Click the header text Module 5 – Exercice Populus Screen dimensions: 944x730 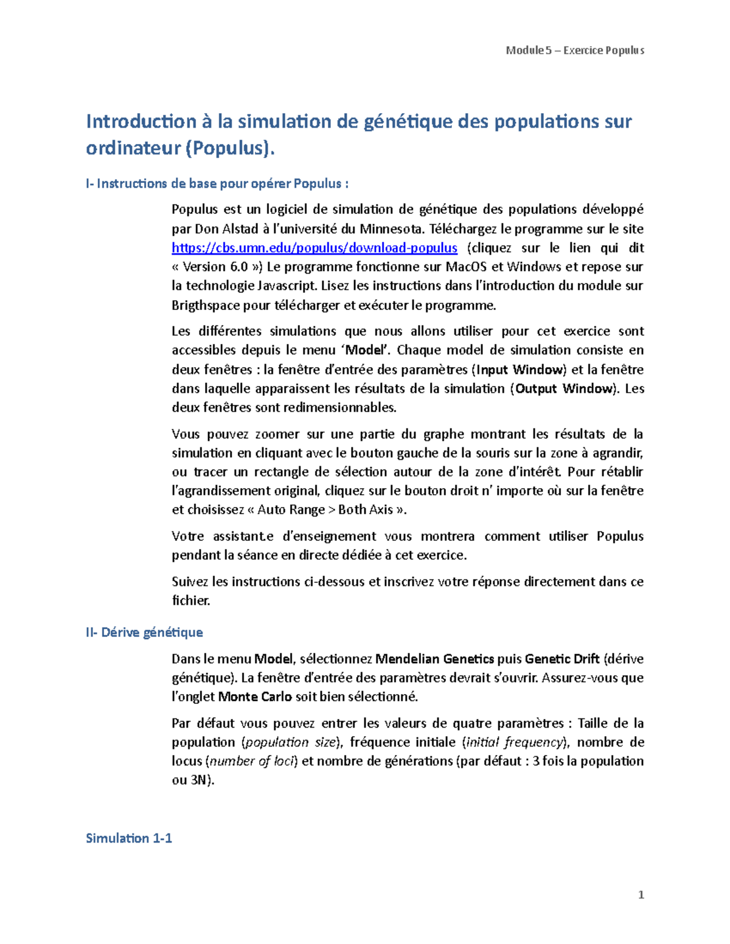click(575, 50)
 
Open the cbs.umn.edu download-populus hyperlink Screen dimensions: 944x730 click(314, 248)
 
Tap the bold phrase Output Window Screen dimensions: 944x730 click(565, 388)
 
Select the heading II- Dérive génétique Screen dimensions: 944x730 click(144, 633)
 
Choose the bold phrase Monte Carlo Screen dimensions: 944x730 click(255, 697)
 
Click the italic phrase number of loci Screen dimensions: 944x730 click(252, 761)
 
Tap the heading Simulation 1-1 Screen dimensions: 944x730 click(129, 838)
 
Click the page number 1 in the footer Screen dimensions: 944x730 click(641, 895)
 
